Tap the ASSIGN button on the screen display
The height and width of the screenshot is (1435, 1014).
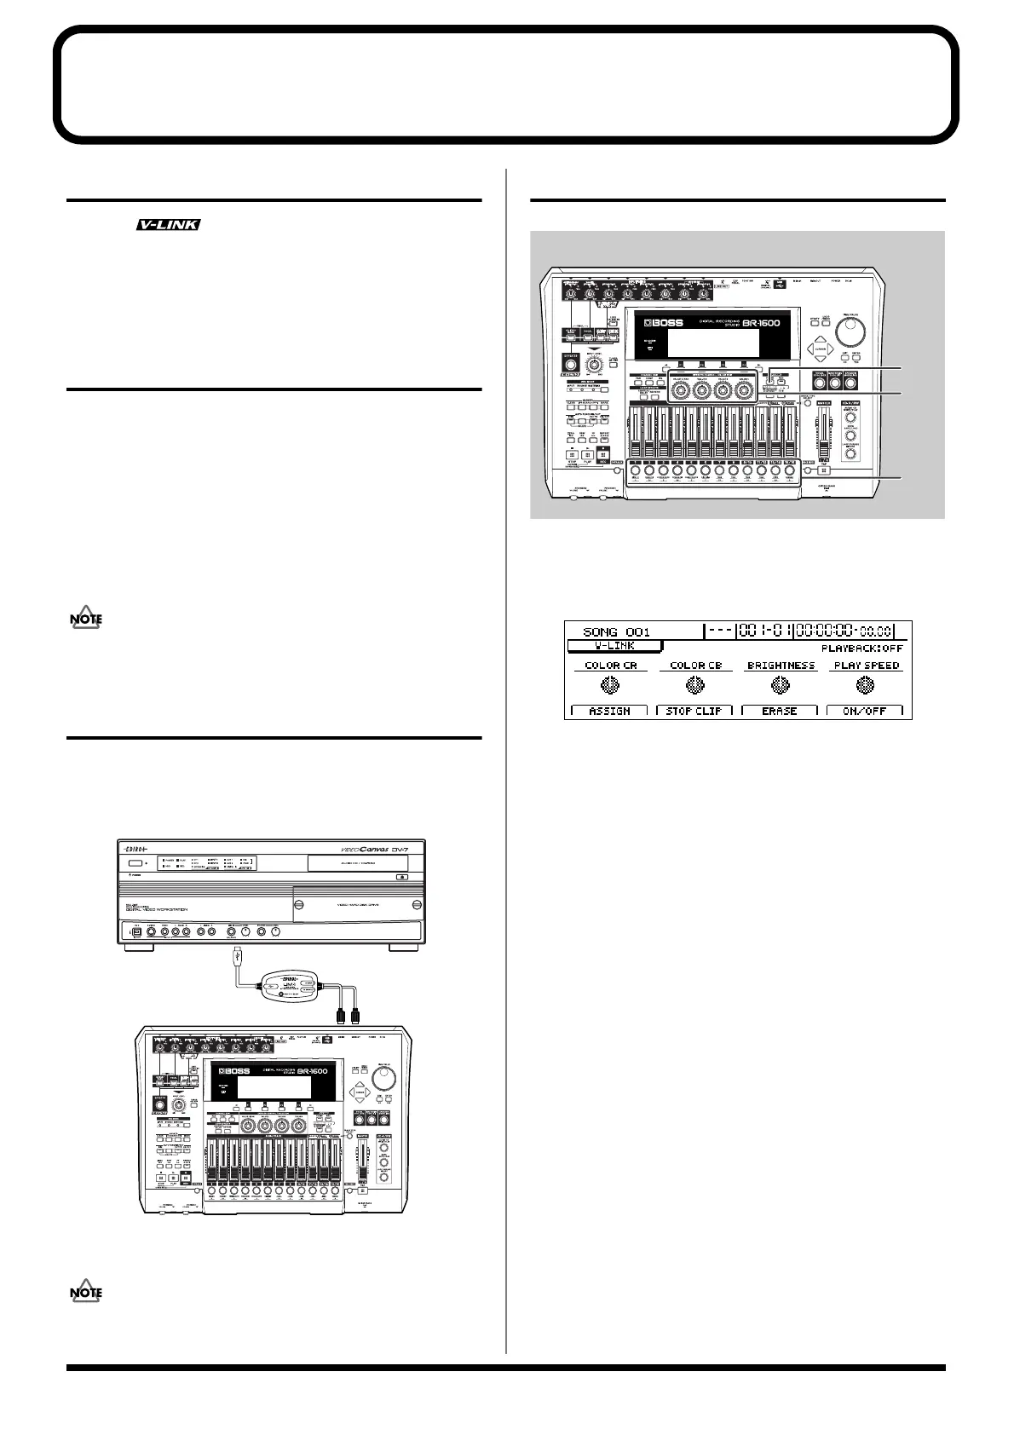tap(609, 710)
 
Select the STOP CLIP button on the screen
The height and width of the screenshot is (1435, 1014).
tap(694, 710)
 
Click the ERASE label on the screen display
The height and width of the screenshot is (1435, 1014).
tap(780, 710)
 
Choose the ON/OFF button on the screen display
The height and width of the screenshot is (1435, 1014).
tap(865, 710)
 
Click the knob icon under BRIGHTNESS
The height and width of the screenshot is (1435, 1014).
tap(781, 684)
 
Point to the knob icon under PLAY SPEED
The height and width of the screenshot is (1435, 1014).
tap(866, 684)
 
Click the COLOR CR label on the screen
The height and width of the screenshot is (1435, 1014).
tap(610, 665)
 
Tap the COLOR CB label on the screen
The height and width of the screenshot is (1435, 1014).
tap(695, 665)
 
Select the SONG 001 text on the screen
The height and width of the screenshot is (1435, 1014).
tap(616, 631)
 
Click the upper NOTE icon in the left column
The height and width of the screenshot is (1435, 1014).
tap(85, 620)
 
